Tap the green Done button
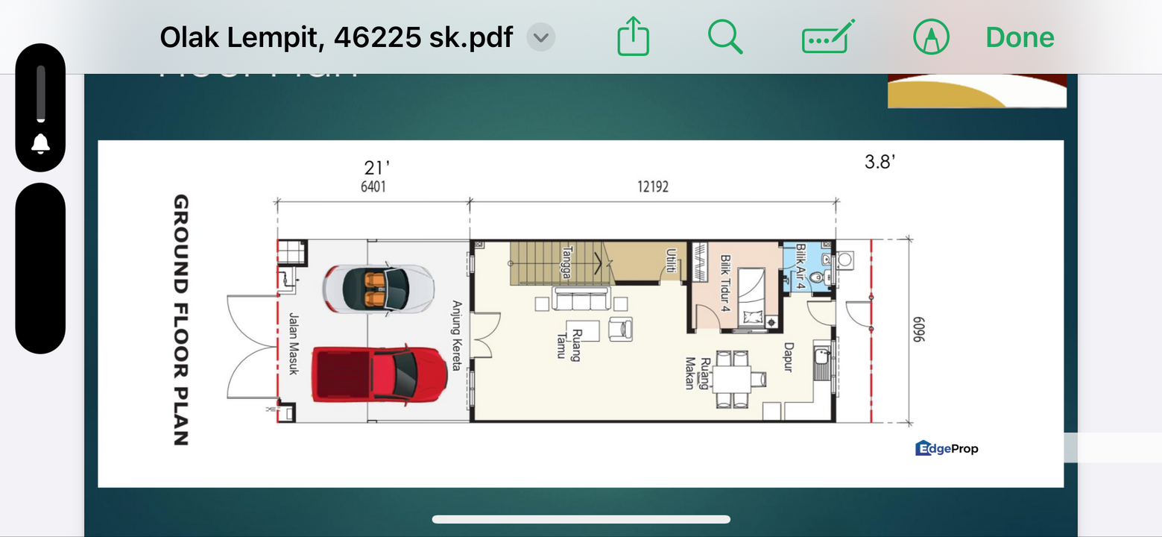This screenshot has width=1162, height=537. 1019,37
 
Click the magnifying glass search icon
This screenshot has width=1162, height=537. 724,37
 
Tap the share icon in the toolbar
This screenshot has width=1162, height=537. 634,37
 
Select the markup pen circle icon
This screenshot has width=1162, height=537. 931,37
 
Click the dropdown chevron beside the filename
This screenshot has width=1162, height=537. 541,37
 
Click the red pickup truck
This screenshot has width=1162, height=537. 379,373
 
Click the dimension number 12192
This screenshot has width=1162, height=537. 652,186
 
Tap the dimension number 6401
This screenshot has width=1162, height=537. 373,186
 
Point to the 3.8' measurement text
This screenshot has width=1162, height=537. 880,162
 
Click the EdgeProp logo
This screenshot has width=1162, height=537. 946,448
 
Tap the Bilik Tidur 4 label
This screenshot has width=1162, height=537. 724,283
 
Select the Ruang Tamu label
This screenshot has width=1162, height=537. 568,343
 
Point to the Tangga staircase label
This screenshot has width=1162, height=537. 567,263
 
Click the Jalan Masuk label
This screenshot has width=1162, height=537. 293,343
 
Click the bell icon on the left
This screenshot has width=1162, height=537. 40,144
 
